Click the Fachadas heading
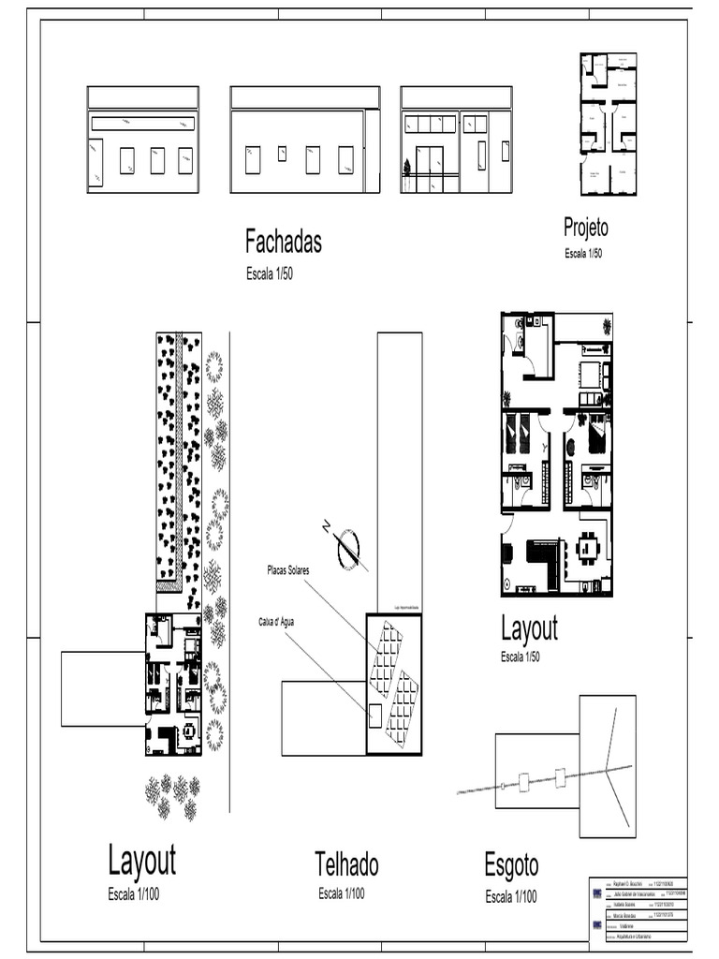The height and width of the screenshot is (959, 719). point(283,242)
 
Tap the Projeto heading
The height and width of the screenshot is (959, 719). point(585,227)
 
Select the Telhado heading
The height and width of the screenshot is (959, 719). point(346,863)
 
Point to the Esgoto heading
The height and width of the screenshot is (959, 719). point(511,865)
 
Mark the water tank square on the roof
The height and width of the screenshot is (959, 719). point(374,716)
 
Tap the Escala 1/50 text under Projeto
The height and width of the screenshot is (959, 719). point(582,254)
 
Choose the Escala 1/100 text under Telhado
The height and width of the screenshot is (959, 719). point(341,894)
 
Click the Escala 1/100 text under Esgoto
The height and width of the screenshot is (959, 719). point(510,897)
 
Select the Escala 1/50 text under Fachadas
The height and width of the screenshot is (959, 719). point(270,273)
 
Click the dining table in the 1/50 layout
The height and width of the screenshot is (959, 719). point(588,548)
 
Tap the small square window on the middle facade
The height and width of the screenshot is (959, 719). point(282,153)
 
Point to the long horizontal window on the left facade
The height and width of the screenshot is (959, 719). point(143,124)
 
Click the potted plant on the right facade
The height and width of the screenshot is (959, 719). point(406,169)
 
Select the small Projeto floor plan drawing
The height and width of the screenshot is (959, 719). point(608,124)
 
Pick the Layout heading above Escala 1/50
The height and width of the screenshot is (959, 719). point(529,628)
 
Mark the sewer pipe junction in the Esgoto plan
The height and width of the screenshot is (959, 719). point(607,770)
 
